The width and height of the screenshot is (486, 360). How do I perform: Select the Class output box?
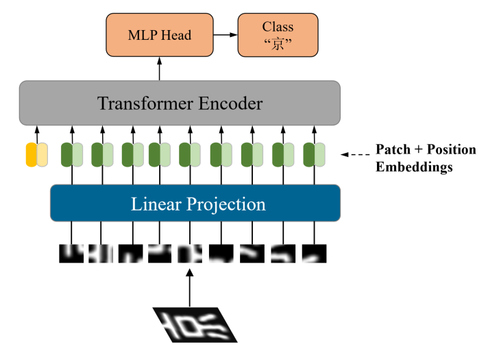(x=278, y=34)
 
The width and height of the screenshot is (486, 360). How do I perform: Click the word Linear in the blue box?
(x=153, y=204)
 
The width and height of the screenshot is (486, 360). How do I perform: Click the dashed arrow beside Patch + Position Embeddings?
(x=354, y=154)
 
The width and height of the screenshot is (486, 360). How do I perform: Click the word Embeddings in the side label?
(x=414, y=167)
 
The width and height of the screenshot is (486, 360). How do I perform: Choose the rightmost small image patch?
(x=314, y=253)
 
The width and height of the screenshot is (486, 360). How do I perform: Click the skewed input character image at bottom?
(x=194, y=324)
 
